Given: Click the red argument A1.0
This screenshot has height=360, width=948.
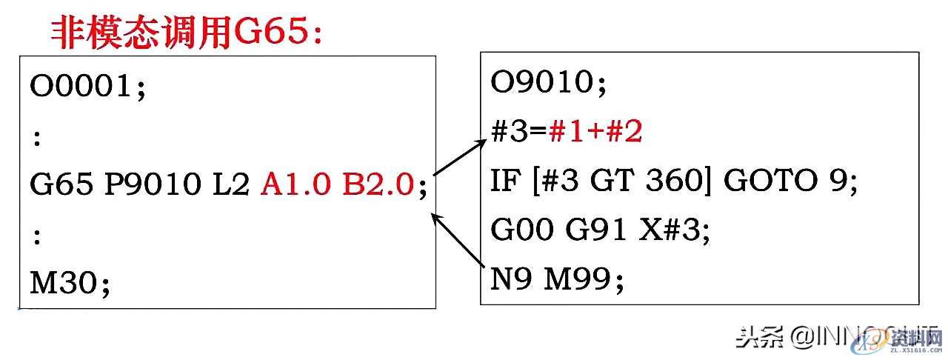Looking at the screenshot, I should click(x=296, y=184).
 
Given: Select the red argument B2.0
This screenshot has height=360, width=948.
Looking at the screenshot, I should click(x=377, y=184).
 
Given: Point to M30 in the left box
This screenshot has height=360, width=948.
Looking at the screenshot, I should click(x=65, y=282).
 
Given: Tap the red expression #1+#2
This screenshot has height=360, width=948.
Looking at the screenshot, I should click(x=595, y=133).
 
